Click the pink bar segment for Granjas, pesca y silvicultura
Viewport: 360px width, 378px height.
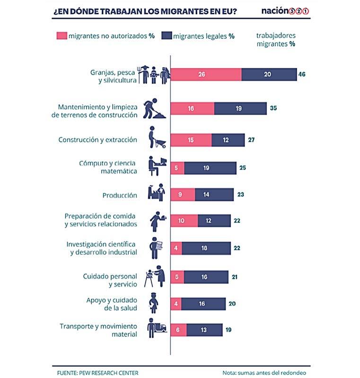tap(206, 75)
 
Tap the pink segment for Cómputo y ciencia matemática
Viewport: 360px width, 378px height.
tap(177, 168)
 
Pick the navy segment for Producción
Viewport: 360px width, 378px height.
tap(214, 195)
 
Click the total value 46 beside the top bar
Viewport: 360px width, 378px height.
tap(301, 75)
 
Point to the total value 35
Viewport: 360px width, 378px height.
tap(273, 108)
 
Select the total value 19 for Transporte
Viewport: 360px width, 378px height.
tap(228, 330)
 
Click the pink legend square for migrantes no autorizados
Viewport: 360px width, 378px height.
tap(61, 36)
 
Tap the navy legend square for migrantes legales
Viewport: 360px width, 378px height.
tap(167, 36)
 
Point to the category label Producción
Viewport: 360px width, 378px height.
tap(120, 195)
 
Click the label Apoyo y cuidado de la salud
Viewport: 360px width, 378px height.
tap(112, 304)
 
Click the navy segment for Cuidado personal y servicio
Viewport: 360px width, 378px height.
tap(206, 277)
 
